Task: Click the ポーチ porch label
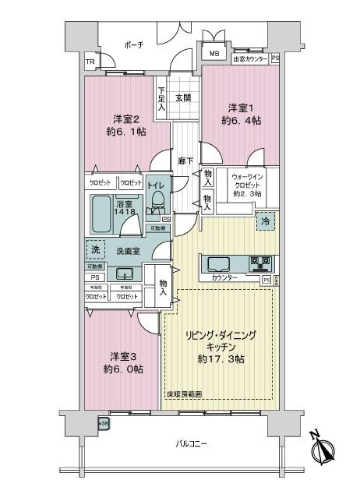pyautogui.click(x=134, y=46)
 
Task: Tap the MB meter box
pyautogui.click(x=214, y=53)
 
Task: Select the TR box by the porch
pyautogui.click(x=90, y=62)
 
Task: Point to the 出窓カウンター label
pyautogui.click(x=250, y=59)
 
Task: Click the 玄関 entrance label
pyautogui.click(x=183, y=97)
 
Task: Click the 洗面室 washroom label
pyautogui.click(x=128, y=251)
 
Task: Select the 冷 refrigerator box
pyautogui.click(x=266, y=221)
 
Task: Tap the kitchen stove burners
pyautogui.click(x=259, y=262)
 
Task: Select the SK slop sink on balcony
pyautogui.click(x=103, y=424)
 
